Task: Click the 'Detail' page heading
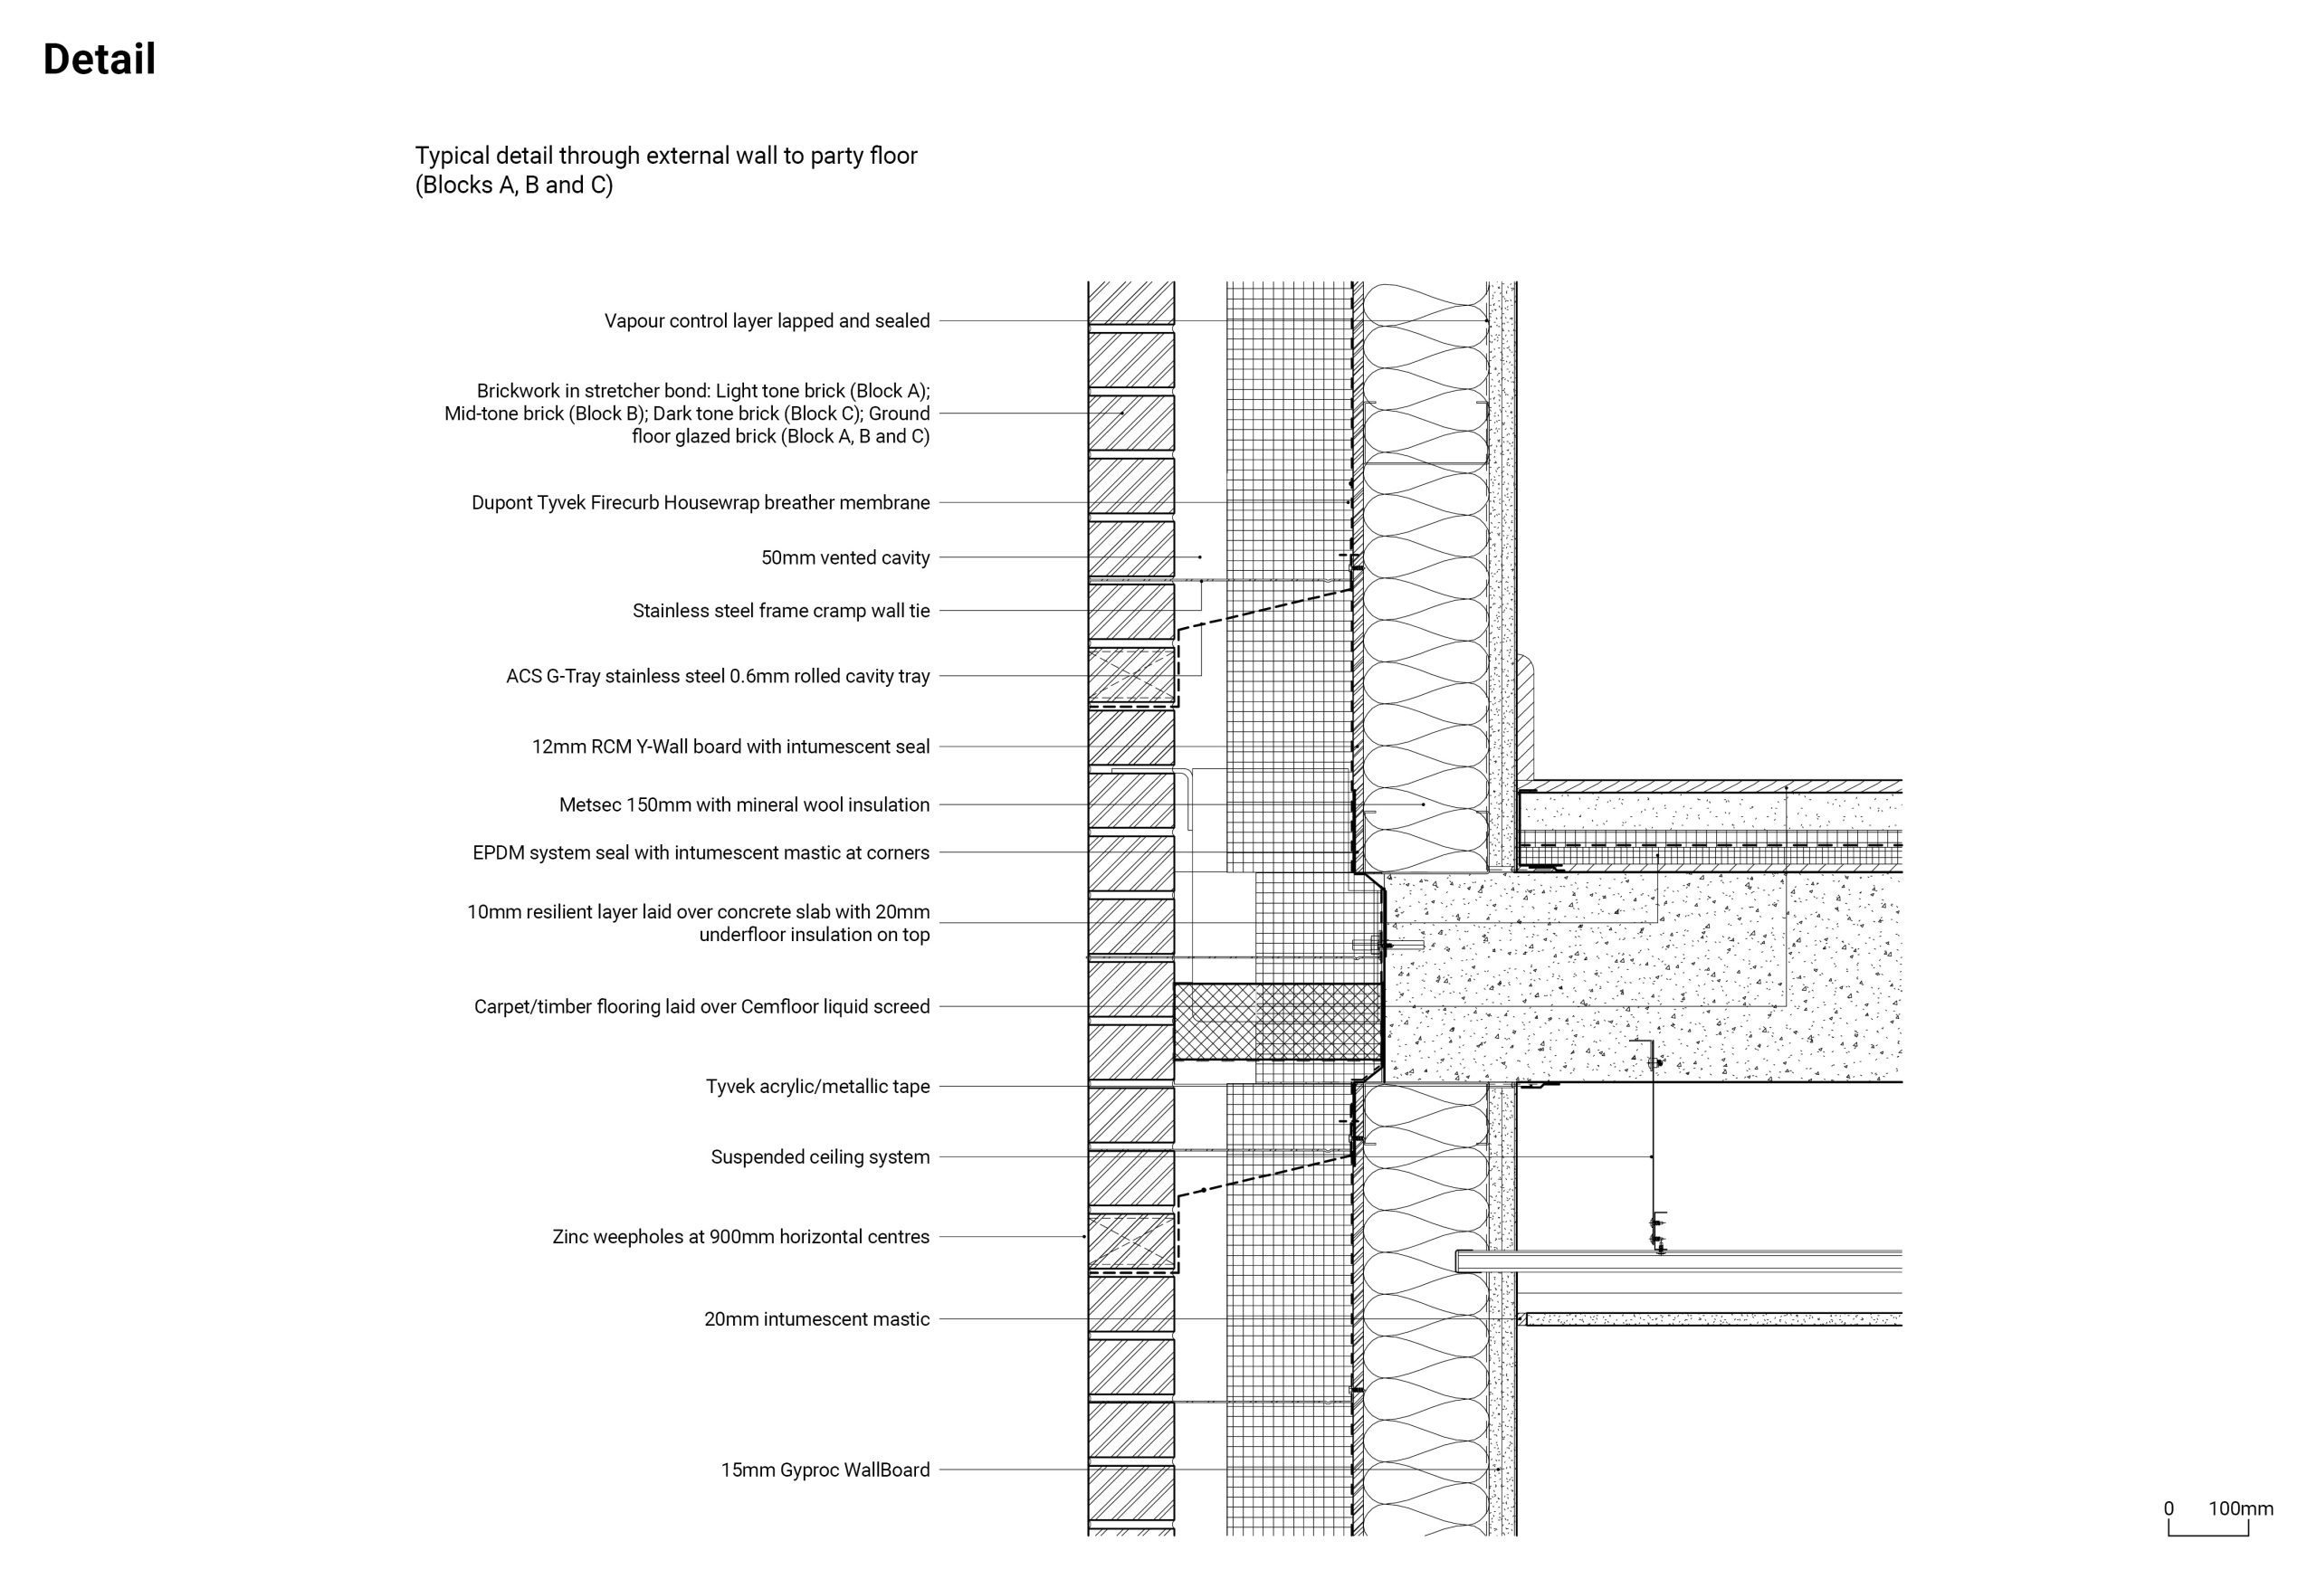point(99,60)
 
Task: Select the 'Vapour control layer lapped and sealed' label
point(766,321)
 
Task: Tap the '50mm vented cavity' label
point(844,557)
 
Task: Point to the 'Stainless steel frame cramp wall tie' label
point(781,610)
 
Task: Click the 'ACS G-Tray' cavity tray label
point(717,676)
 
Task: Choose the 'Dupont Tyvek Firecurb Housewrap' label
point(700,502)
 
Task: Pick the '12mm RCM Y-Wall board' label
point(729,747)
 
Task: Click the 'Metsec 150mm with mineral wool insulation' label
point(744,804)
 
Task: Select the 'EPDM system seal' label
point(700,852)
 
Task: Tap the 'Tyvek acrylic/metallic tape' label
point(817,1087)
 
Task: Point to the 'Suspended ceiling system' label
point(819,1156)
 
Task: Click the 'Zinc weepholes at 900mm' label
point(739,1236)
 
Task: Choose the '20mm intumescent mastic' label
point(816,1318)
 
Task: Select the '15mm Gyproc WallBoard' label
point(825,1470)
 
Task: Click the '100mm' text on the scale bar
point(2240,1508)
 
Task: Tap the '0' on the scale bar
point(2169,1508)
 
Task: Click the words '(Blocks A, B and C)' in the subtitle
point(513,185)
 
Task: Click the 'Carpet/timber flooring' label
point(701,1007)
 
